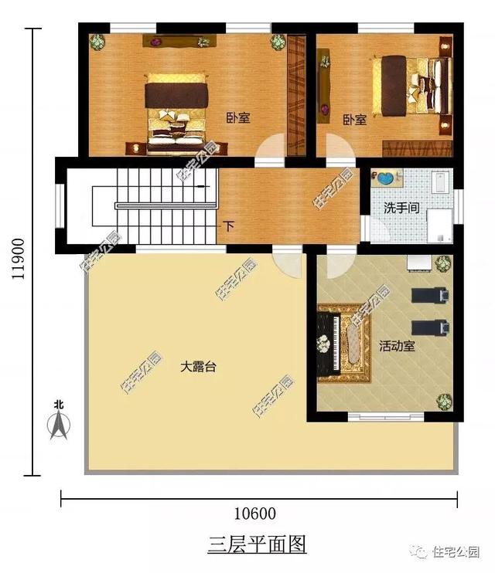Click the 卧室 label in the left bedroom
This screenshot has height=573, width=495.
[x=237, y=118]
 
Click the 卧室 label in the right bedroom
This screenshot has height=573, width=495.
[x=354, y=120]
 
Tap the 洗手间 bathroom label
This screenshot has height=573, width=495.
[x=402, y=208]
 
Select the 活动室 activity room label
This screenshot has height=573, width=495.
[x=397, y=346]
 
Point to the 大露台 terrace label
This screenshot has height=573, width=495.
[x=198, y=367]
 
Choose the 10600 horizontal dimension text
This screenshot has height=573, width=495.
[x=254, y=514]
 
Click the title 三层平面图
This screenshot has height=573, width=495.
[x=257, y=545]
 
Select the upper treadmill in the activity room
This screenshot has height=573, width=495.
[x=428, y=295]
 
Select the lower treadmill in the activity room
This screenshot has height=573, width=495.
[x=428, y=327]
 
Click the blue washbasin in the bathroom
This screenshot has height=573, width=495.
[x=384, y=179]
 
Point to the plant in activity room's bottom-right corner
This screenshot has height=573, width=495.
[x=443, y=402]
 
